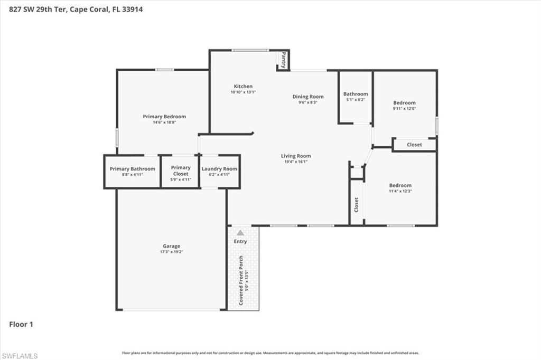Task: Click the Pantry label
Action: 284,60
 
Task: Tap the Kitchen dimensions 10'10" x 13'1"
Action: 243,92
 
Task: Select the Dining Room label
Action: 308,97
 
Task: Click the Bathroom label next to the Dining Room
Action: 356,94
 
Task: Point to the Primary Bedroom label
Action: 164,117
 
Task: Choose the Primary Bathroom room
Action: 133,171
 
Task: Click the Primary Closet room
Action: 180,171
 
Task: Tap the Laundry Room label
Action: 219,169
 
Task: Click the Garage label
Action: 171,246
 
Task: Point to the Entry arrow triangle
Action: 240,232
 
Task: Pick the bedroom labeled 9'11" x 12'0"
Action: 404,105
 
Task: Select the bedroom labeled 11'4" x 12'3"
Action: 400,188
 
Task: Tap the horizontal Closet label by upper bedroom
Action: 414,145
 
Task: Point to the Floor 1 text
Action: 21,324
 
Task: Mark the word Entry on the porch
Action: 240,241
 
